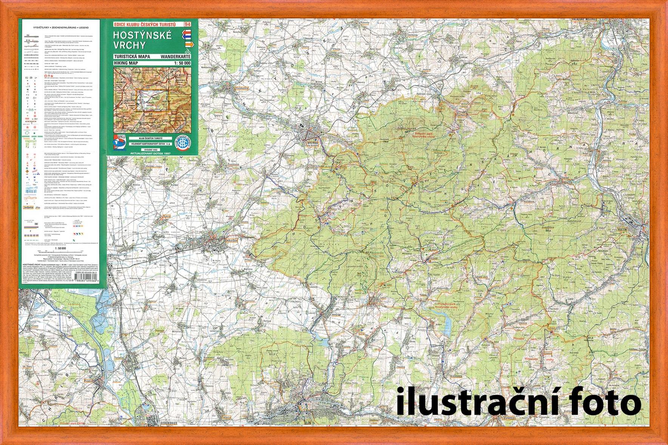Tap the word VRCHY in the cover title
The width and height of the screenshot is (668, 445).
[129, 45]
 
